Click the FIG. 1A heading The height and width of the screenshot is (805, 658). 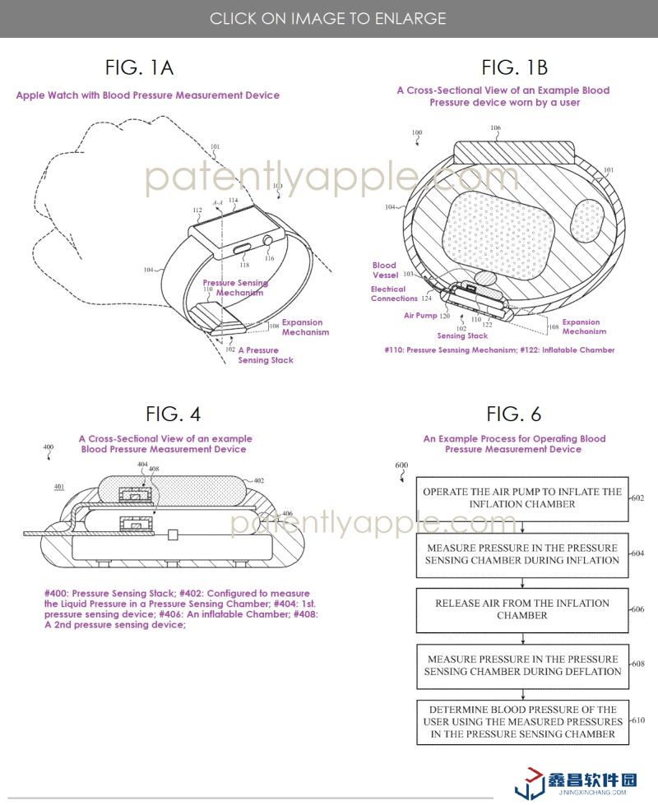(139, 67)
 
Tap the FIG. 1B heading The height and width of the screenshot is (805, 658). (514, 67)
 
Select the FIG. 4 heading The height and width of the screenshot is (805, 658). (173, 414)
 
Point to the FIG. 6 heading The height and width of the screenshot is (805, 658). (514, 414)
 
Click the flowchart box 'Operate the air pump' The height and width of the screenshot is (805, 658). (522, 497)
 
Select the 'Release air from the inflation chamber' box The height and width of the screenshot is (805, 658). (522, 608)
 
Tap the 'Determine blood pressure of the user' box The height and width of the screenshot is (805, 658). (522, 721)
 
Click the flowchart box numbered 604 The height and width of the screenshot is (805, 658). (522, 553)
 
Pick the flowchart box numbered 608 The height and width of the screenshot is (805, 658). (522, 664)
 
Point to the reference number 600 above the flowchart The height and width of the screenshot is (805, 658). (401, 465)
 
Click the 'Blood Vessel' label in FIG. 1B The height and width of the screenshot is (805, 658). (384, 271)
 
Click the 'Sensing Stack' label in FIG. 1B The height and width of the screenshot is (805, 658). (462, 335)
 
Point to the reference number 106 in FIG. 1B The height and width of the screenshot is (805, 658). (495, 128)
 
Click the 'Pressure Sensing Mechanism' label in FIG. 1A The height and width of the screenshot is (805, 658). (235, 288)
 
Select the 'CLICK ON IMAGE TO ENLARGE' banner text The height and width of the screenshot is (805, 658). (328, 18)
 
